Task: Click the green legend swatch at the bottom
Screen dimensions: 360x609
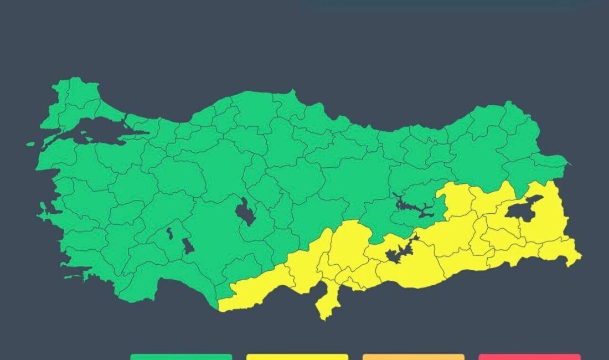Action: point(181,357)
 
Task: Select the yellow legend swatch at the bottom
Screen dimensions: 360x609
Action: point(297,357)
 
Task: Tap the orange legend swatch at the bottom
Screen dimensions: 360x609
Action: point(414,357)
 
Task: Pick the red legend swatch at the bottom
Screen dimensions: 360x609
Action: point(529,357)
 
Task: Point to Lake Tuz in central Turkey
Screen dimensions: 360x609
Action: point(245,212)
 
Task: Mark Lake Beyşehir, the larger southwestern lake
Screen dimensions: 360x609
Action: point(188,245)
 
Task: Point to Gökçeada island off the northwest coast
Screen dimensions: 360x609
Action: point(30,144)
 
